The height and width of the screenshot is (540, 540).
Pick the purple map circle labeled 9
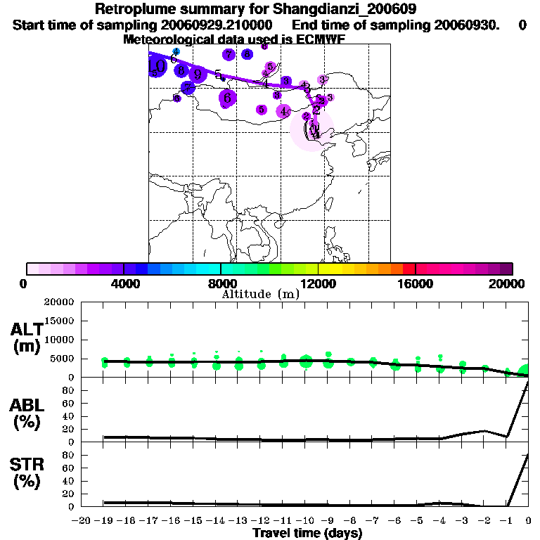click(x=198, y=74)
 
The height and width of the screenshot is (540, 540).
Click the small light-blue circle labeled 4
click(x=176, y=51)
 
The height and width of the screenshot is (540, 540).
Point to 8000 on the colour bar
click(x=221, y=283)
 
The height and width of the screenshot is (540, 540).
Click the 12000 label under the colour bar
click(x=318, y=283)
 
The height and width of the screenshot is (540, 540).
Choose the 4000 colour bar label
click(x=123, y=283)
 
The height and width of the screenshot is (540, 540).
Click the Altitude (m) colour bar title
click(x=260, y=294)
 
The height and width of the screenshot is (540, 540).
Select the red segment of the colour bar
click(x=409, y=269)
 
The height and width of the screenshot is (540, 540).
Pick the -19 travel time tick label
click(x=104, y=521)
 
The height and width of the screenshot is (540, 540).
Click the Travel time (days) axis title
click(x=307, y=533)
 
